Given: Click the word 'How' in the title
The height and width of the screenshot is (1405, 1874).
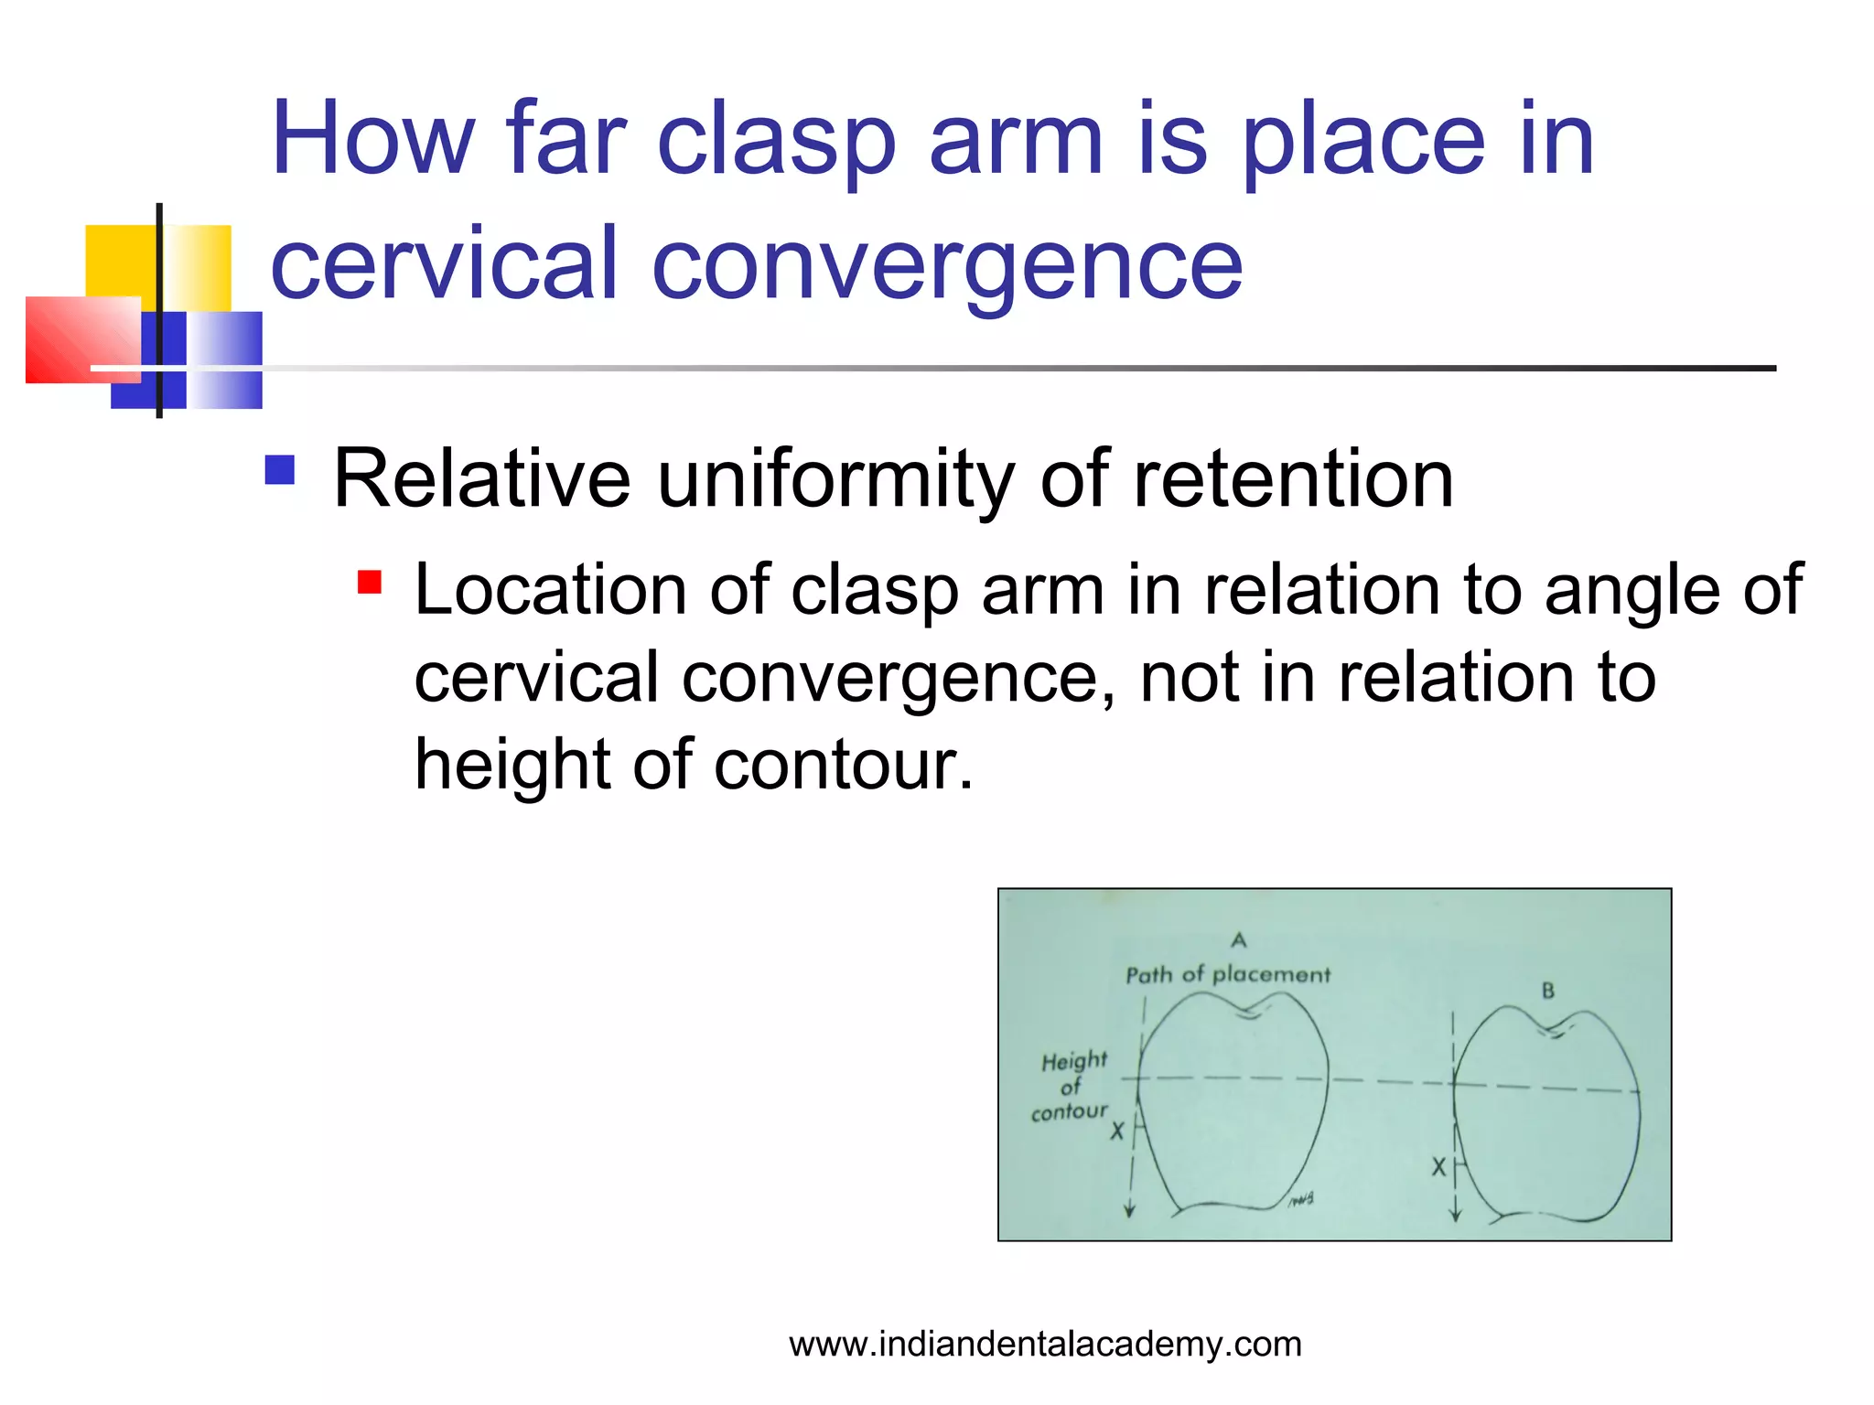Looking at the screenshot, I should point(372,140).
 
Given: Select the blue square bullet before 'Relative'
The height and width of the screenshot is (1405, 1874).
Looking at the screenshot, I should point(280,470).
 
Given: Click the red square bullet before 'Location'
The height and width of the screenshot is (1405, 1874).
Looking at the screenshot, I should point(370,582).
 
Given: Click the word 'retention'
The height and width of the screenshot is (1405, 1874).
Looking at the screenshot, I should point(1293,479).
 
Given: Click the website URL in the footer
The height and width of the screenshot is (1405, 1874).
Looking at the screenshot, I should point(1045,1345).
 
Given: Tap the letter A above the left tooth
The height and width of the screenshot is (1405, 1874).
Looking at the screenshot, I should point(1239,940).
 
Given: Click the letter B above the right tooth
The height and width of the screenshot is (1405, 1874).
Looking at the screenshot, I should point(1547,991).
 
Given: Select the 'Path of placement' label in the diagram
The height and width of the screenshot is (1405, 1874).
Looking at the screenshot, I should point(1227,975).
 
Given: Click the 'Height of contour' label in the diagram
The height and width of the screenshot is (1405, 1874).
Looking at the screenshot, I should point(1072,1087).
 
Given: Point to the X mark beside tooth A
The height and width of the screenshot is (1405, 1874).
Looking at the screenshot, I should point(1117,1132).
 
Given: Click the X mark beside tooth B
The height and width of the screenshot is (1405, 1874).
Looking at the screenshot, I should point(1438,1167).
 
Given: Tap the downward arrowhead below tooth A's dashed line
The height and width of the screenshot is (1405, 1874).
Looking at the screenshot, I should point(1130,1211).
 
